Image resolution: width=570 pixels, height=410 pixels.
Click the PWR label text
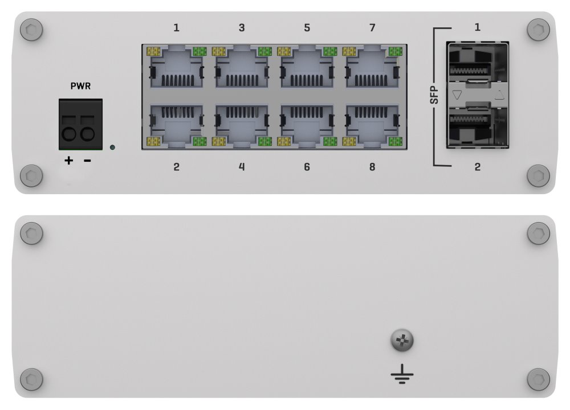point(80,87)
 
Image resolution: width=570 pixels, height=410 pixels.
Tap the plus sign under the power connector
point(69,161)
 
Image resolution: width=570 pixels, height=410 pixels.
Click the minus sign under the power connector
point(87,161)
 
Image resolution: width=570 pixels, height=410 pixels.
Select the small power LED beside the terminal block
point(112,147)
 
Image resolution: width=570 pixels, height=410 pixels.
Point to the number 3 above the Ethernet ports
point(242,27)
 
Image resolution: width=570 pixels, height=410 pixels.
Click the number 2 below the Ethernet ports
point(177,167)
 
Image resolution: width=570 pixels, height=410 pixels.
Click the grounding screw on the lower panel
point(402,342)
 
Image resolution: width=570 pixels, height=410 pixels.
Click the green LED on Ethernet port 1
point(199,51)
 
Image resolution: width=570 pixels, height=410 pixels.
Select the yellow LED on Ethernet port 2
point(153,142)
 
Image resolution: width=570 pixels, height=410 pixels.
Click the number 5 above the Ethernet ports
point(307,27)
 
